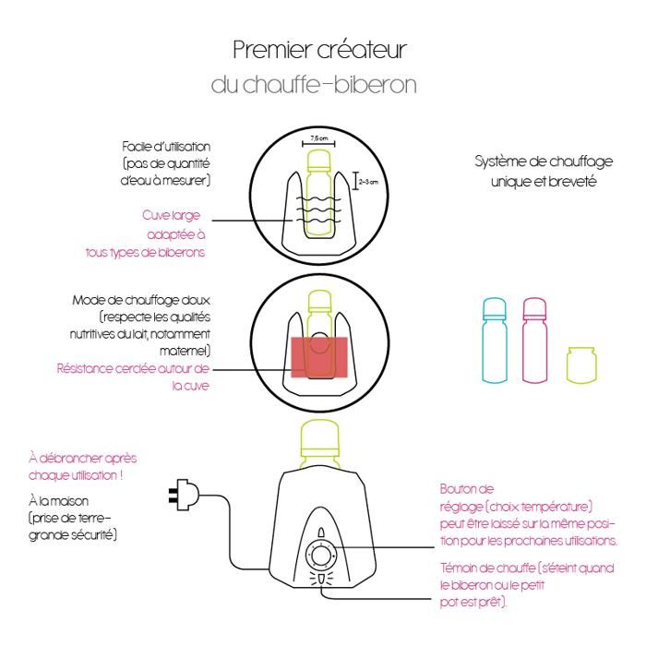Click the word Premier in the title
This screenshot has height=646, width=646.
coord(263,48)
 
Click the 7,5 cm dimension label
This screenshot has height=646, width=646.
coord(316,136)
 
